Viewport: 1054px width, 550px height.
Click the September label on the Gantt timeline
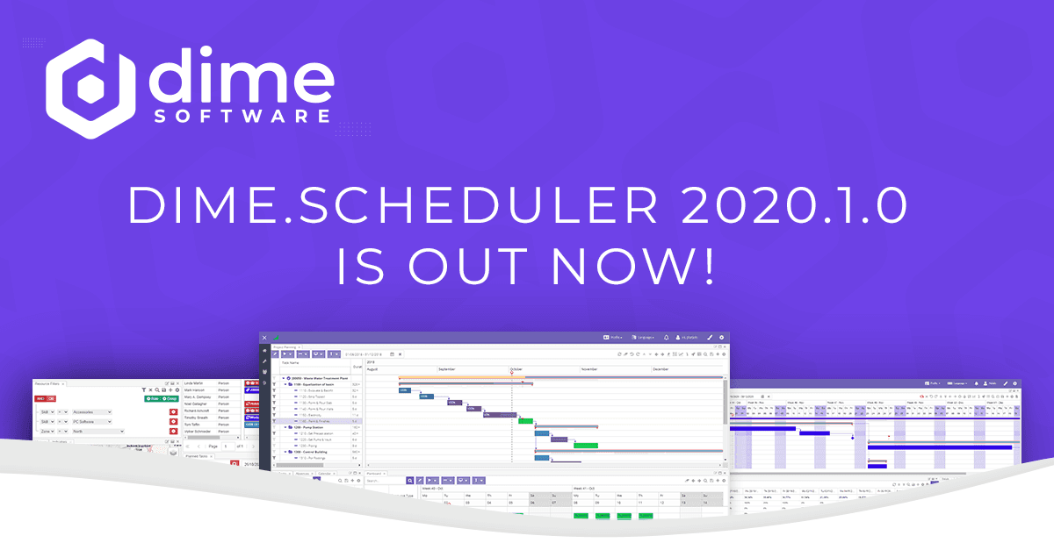448,369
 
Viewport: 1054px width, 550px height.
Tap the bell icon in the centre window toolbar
667,337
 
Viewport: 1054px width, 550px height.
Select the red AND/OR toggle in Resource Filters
46,399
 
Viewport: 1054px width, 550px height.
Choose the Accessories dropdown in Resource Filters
91,411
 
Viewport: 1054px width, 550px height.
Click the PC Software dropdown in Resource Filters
91,422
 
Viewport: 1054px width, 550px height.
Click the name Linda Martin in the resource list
197,383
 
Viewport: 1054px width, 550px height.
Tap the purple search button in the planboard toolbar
410,481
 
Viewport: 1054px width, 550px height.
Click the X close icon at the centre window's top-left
264,338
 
